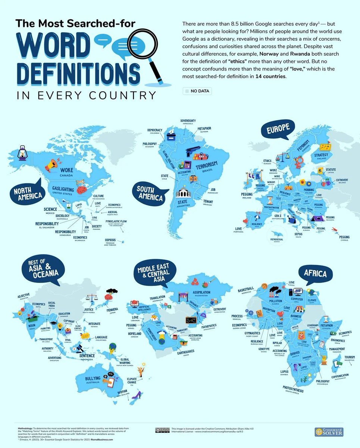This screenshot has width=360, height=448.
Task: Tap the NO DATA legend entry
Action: tap(197, 91)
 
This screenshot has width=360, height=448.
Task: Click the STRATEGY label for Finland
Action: tap(321, 155)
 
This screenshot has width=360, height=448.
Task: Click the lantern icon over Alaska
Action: tap(22, 152)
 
